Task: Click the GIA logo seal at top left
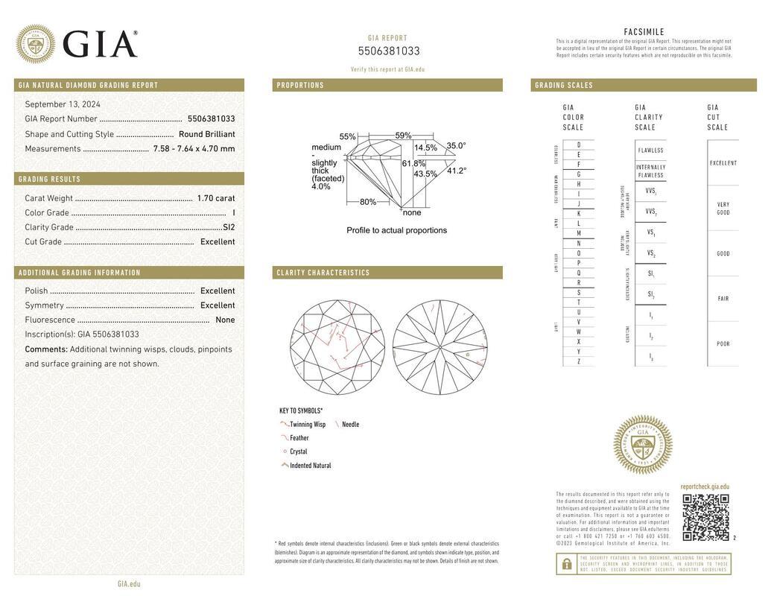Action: point(35,44)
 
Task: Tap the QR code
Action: point(705,517)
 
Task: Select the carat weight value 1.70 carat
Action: point(216,198)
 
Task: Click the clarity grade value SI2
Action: point(229,227)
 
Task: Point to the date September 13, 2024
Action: point(63,104)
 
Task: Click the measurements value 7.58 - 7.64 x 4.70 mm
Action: point(194,149)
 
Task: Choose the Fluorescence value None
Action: point(225,320)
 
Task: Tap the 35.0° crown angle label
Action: point(456,146)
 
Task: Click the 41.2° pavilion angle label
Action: point(457,171)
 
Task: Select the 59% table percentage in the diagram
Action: point(403,136)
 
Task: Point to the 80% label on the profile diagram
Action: point(368,202)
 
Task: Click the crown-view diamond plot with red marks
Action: point(337,347)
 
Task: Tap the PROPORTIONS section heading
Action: point(300,86)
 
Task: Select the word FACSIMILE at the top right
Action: point(644,32)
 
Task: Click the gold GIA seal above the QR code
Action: point(642,445)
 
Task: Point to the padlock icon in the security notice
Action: point(567,565)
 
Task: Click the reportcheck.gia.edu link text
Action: point(705,486)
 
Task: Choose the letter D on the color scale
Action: point(578,145)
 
